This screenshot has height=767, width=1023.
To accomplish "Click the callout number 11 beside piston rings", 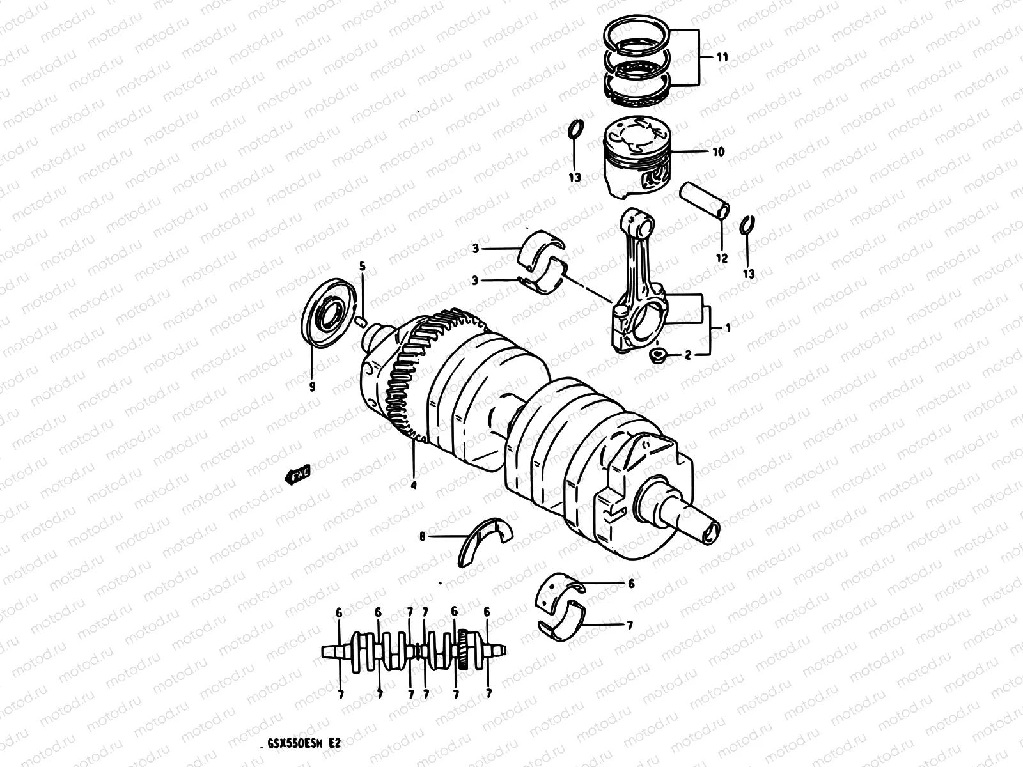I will click(721, 58).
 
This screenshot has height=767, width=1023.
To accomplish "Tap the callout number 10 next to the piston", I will click(718, 152).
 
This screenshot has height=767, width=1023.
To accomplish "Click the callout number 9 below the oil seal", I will click(313, 387).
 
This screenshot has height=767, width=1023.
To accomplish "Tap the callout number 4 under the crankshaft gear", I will click(414, 485).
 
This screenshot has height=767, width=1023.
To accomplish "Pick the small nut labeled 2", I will click(657, 356).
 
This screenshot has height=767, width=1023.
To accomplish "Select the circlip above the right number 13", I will click(746, 226).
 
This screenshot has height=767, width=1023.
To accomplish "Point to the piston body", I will click(637, 160).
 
